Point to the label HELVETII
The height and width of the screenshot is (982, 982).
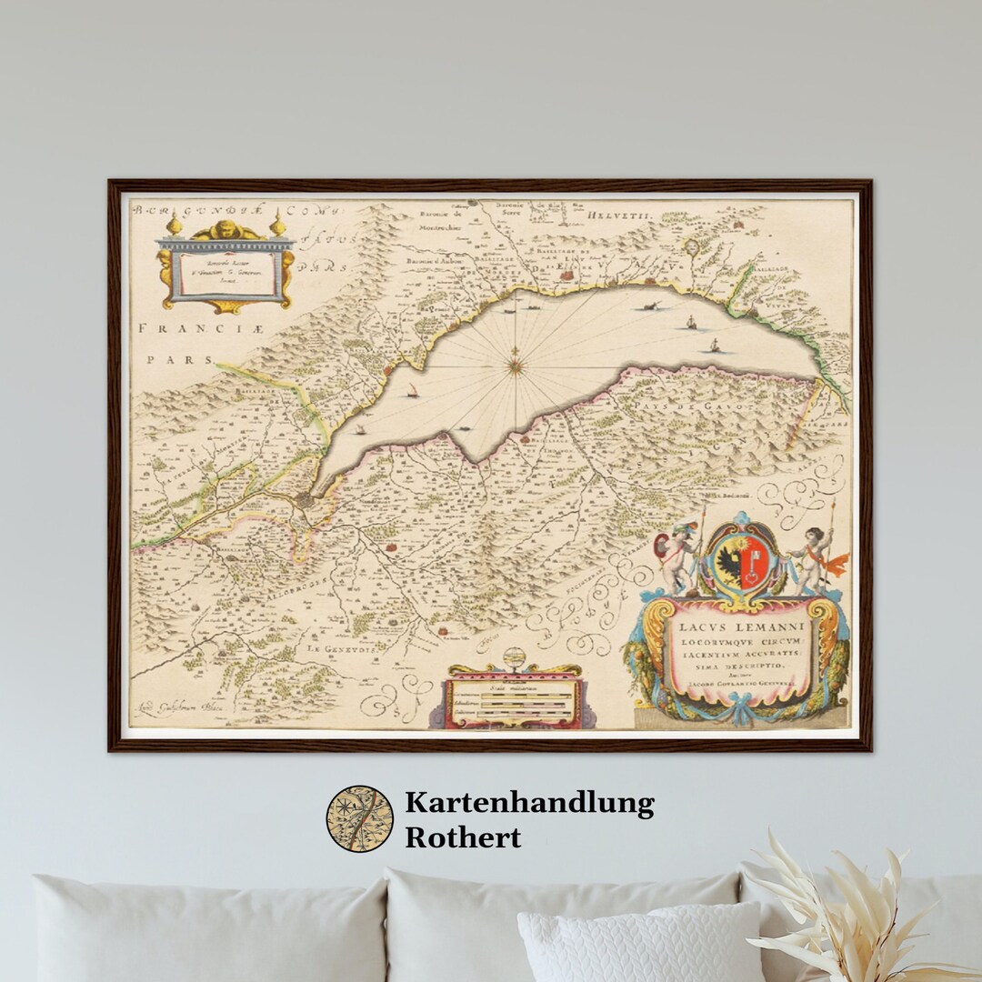(x=618, y=215)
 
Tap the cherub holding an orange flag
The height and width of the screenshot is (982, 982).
(x=816, y=557)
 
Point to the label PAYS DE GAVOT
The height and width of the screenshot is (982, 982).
(x=691, y=404)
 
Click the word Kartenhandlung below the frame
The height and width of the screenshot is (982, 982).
(x=529, y=803)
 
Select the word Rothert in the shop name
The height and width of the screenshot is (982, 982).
(x=463, y=837)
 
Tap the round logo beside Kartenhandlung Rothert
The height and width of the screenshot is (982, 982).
(x=360, y=818)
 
